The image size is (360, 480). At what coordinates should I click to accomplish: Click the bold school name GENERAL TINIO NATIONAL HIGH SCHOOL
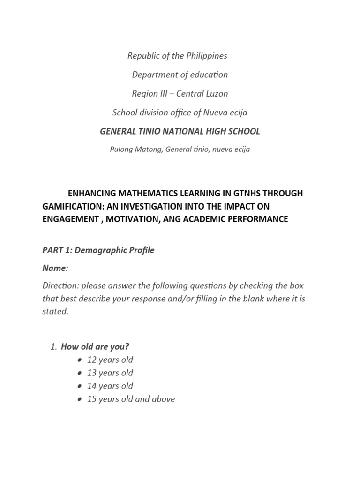pos(180,131)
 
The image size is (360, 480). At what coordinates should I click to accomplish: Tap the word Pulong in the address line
pos(122,150)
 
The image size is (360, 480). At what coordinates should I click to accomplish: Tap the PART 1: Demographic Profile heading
pos(98,250)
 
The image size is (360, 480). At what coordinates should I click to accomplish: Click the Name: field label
pos(55,268)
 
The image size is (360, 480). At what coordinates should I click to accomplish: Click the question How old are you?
pos(95,347)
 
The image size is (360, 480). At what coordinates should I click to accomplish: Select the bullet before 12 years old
pos(76,360)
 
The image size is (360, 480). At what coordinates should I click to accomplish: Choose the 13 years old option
pos(110,373)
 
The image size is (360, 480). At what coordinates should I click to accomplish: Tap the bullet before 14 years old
pos(76,386)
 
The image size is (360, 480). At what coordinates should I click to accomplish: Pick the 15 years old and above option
pos(131,399)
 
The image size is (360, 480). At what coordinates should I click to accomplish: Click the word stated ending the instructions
pos(55,312)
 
